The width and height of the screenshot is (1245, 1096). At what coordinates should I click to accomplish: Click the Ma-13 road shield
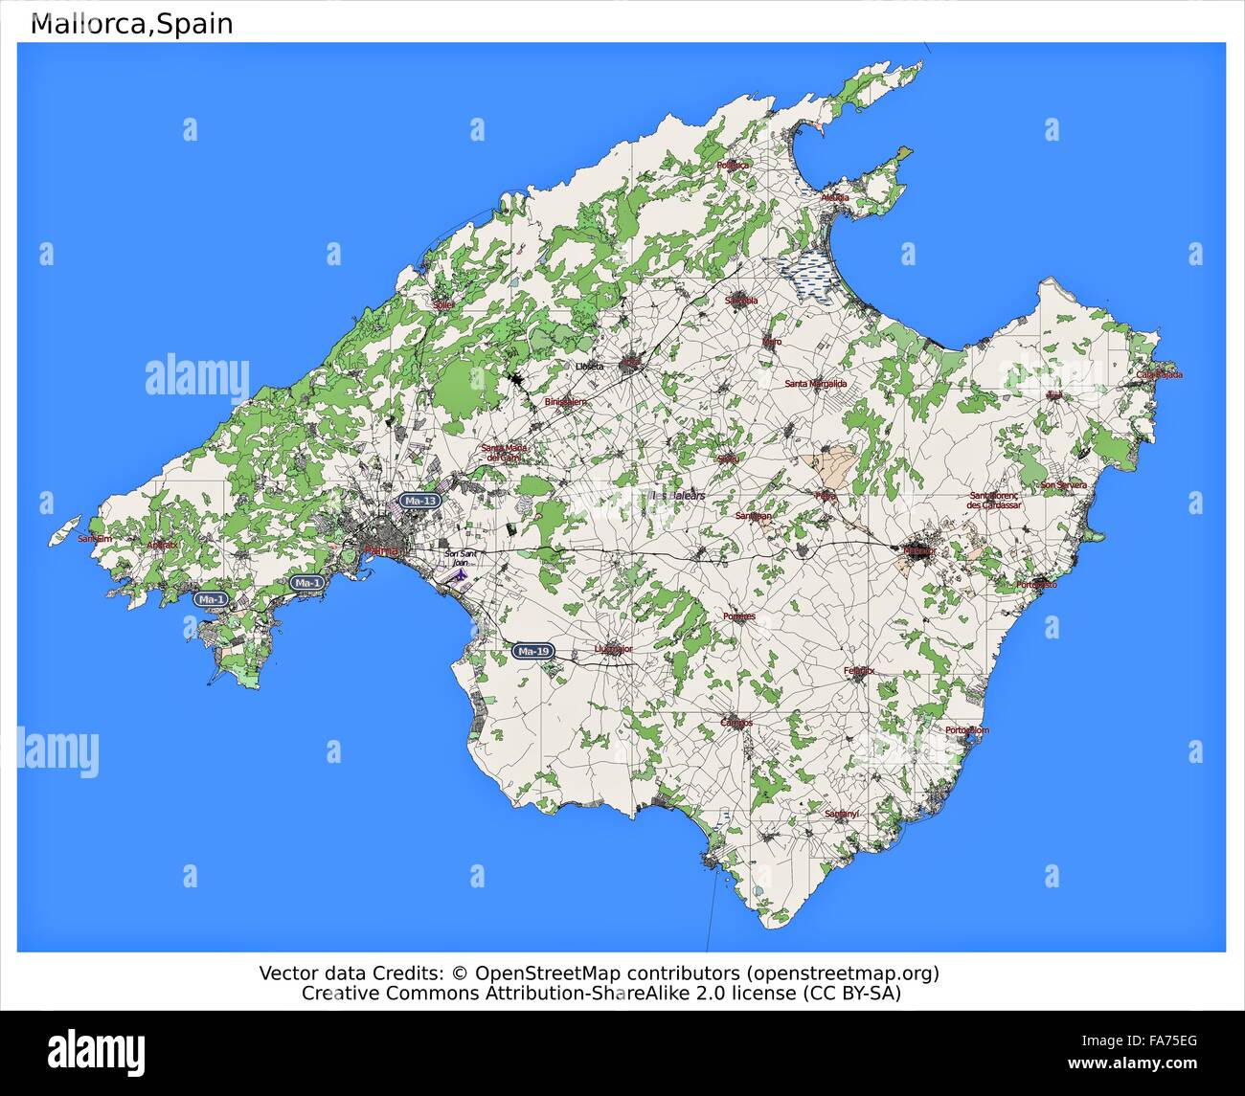pyautogui.click(x=420, y=501)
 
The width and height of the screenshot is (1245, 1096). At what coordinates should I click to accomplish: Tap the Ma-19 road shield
pyautogui.click(x=532, y=651)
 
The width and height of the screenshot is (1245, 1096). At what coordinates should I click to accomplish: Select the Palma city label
pyautogui.click(x=382, y=550)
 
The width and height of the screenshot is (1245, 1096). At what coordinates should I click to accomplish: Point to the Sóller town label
pyautogui.click(x=442, y=304)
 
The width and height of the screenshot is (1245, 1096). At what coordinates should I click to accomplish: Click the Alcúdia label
pyautogui.click(x=835, y=198)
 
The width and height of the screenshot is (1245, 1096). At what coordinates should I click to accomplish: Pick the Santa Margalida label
pyautogui.click(x=816, y=384)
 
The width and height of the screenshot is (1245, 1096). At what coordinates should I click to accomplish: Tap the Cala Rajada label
pyautogui.click(x=1160, y=374)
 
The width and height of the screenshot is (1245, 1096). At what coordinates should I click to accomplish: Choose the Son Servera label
pyautogui.click(x=1064, y=485)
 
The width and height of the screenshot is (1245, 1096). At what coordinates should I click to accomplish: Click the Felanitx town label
pyautogui.click(x=859, y=671)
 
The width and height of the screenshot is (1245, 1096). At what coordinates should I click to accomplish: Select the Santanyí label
pyautogui.click(x=842, y=814)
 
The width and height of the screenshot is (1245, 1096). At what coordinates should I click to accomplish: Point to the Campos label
pyautogui.click(x=736, y=723)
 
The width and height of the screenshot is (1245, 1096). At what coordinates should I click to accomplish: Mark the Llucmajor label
pyautogui.click(x=613, y=648)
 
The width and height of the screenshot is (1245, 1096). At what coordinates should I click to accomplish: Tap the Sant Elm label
pyautogui.click(x=95, y=539)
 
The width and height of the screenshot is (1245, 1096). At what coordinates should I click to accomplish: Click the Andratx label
pyautogui.click(x=162, y=545)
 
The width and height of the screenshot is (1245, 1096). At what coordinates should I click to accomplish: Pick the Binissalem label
pyautogui.click(x=565, y=402)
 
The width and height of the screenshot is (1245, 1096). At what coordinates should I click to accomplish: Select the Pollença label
pyautogui.click(x=734, y=165)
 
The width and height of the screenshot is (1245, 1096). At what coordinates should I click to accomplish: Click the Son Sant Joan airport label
pyautogui.click(x=461, y=557)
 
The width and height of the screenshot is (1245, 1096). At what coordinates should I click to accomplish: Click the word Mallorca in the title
pyautogui.click(x=91, y=24)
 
